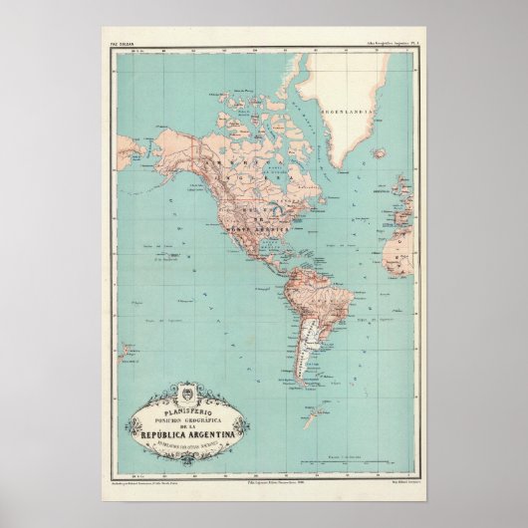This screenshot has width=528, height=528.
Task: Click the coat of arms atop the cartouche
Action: point(187,393)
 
